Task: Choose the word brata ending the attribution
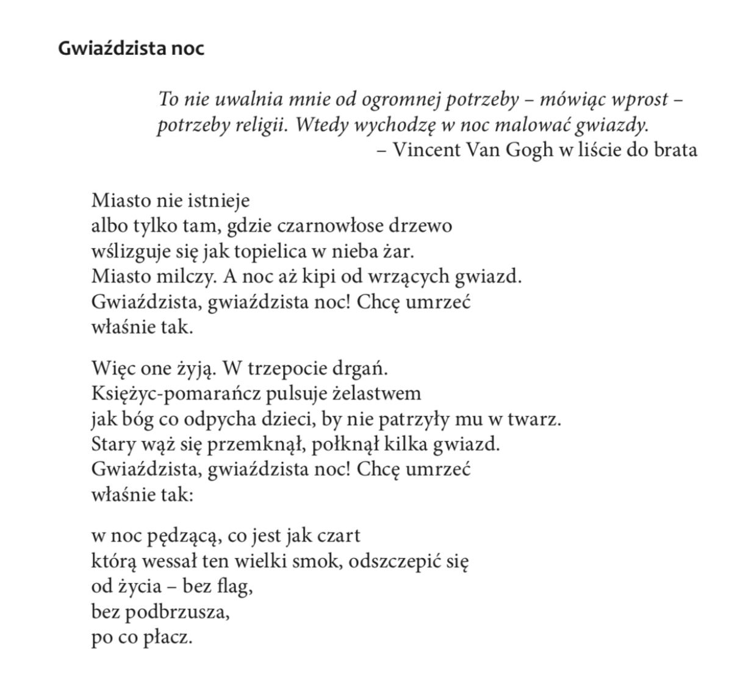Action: [675, 149]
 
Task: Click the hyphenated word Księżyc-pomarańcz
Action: [177, 393]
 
